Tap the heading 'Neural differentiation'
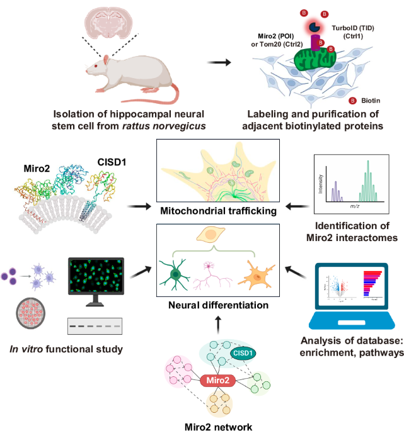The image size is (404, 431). pos(218,305)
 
